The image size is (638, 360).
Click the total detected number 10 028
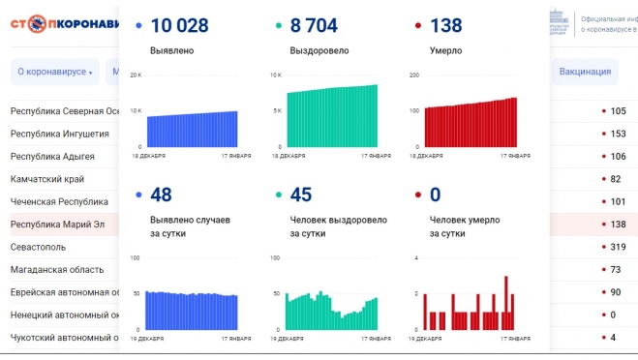click(x=191, y=25)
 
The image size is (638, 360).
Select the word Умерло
click(x=446, y=50)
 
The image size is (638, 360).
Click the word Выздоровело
click(x=319, y=50)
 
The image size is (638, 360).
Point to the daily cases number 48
click(x=161, y=195)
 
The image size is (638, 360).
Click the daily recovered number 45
click(x=300, y=195)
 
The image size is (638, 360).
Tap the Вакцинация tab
click(x=586, y=71)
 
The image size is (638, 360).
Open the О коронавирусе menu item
click(x=55, y=72)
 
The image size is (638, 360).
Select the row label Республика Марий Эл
click(x=56, y=225)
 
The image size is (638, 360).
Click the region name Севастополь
click(x=40, y=247)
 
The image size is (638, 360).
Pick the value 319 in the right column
click(x=615, y=247)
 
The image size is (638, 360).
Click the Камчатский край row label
click(x=46, y=179)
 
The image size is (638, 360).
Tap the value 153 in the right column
click(x=615, y=134)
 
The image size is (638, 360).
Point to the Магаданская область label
click(x=56, y=269)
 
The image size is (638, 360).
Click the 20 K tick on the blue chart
click(x=135, y=75)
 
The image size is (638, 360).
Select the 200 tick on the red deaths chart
click(x=413, y=75)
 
